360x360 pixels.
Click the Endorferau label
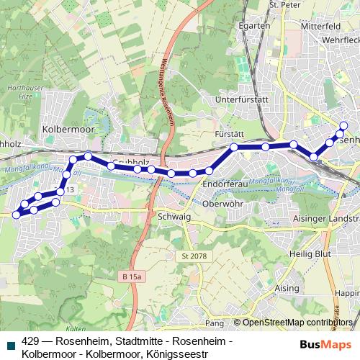click(225, 184)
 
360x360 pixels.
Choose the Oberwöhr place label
click(225, 202)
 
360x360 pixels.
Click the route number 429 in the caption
click(31, 341)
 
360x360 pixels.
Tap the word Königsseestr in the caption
click(176, 354)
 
